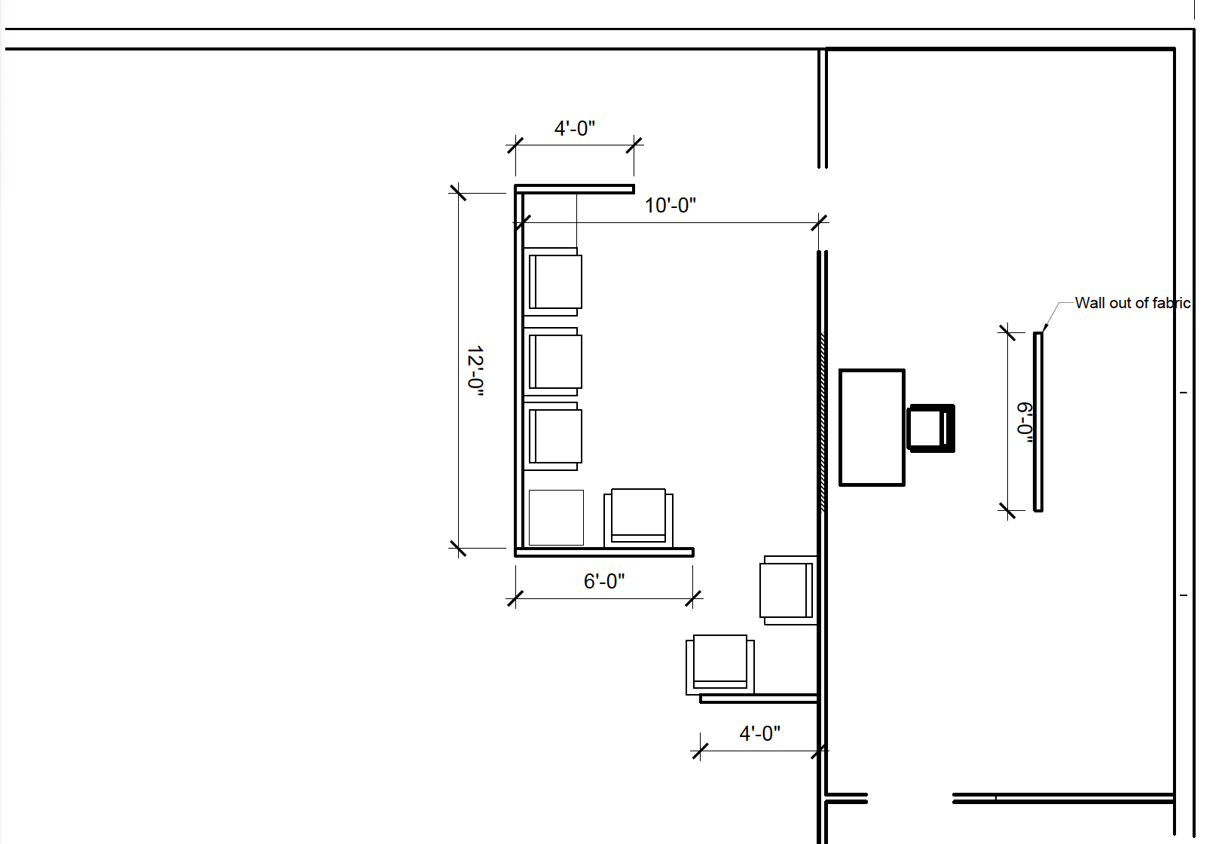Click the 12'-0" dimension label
[475, 371]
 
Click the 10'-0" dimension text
[670, 205]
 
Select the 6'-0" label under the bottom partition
[603, 581]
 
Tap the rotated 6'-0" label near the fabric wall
[1025, 422]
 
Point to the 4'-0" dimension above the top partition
[574, 128]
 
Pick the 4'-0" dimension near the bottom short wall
[759, 733]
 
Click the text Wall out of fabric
[1132, 303]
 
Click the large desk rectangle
[872, 427]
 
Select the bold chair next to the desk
[931, 428]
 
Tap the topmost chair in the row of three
[554, 282]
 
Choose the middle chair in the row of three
[554, 362]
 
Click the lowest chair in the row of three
[554, 436]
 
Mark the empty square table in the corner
[556, 518]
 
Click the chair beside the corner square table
[638, 517]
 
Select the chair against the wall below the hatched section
[787, 590]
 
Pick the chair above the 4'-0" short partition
[719, 664]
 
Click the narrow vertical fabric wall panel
[1038, 422]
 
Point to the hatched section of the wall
[823, 422]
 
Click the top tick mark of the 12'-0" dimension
[457, 193]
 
